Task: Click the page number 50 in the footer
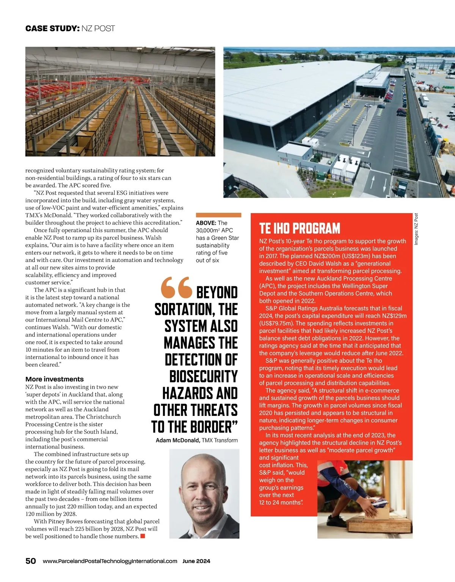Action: click(x=31, y=561)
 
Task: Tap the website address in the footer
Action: click(x=110, y=561)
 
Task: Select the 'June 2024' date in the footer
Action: click(x=196, y=561)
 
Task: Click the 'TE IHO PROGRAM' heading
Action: click(x=300, y=228)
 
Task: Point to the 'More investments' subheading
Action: click(x=55, y=379)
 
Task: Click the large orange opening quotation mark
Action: click(x=176, y=288)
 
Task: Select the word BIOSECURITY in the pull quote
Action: click(x=203, y=376)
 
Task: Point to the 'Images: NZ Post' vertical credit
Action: click(x=416, y=229)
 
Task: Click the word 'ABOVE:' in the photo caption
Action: click(x=206, y=223)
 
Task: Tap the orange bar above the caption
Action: click(x=218, y=215)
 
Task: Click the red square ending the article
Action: click(x=143, y=536)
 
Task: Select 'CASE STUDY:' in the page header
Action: click(x=52, y=28)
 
